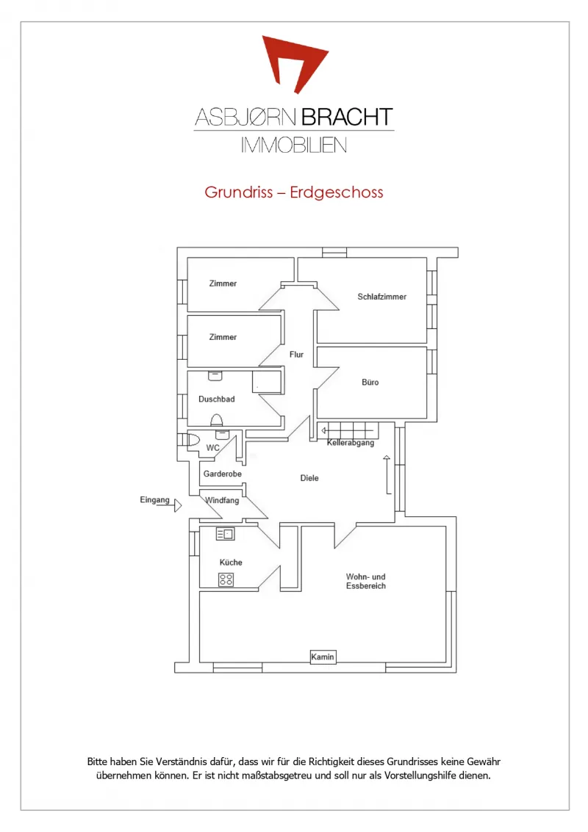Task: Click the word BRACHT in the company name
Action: coord(348,117)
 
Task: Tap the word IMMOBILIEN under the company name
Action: coord(294,145)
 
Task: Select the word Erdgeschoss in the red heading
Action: coord(336,192)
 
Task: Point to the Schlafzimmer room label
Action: coord(382,297)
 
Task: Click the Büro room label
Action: coord(370,382)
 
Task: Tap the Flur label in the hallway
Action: coord(296,355)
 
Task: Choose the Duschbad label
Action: coord(217,399)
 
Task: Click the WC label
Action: coord(212,448)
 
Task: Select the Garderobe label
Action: coord(223,474)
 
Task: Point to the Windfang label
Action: coord(222,500)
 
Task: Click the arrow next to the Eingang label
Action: coord(177,505)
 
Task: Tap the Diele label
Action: coord(309,478)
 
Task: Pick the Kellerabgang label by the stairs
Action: coord(351,443)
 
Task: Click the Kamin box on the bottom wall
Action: coord(323,657)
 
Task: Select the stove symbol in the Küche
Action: coord(226,579)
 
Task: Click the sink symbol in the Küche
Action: coord(225,534)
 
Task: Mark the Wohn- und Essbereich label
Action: coord(366,581)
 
